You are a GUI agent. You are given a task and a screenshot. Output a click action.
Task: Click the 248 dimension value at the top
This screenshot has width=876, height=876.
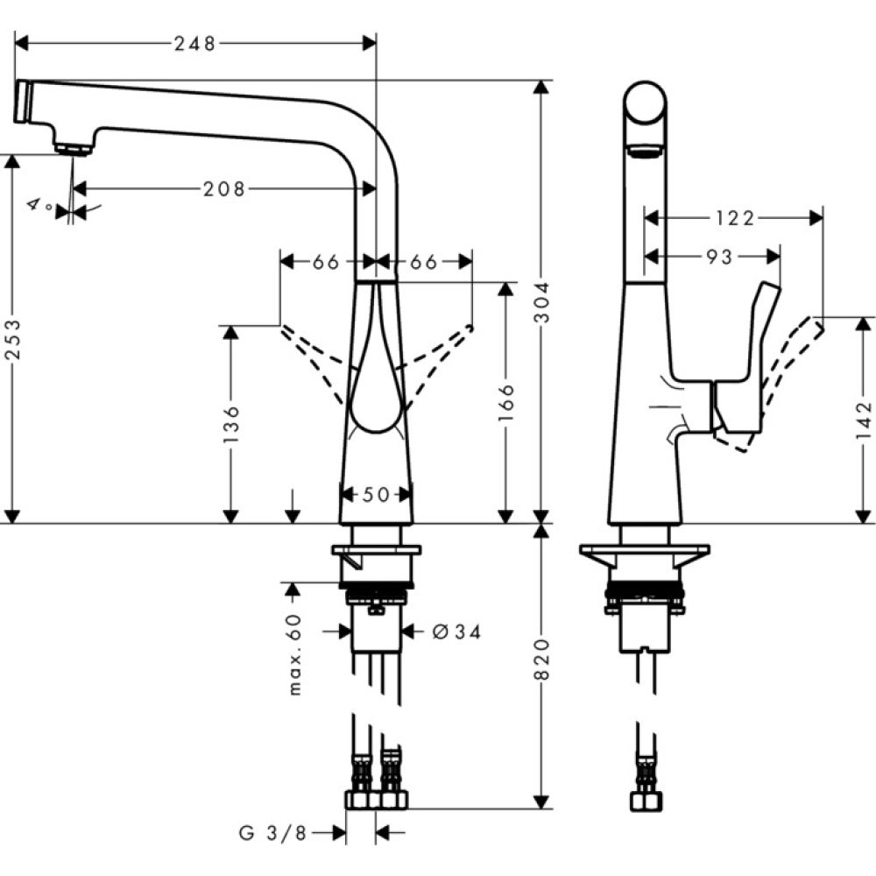pyautogui.click(x=195, y=44)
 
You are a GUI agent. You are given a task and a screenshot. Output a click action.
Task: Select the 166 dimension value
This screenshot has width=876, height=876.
pyautogui.click(x=505, y=403)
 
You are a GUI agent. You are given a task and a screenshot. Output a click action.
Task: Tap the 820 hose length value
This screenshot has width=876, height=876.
pyautogui.click(x=542, y=661)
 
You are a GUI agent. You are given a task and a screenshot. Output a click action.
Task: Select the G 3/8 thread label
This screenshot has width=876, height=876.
pyautogui.click(x=272, y=833)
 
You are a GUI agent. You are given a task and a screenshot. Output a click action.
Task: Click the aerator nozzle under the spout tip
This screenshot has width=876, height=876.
pyautogui.click(x=73, y=147)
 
